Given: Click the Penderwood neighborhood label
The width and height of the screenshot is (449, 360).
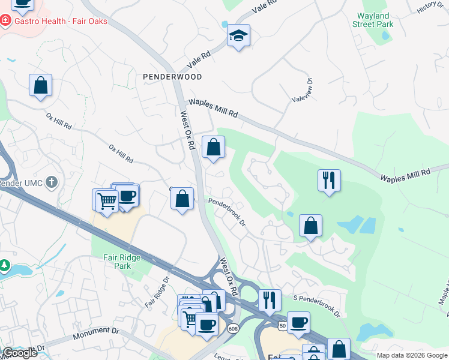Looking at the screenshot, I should [172, 77].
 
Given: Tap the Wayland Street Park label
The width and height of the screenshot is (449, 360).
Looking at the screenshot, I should [375, 20].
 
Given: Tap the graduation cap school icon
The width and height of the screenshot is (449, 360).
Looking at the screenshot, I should [238, 36].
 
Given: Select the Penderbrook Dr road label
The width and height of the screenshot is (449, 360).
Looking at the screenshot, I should [227, 212].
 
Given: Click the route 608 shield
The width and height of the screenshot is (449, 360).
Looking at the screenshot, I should [232, 328].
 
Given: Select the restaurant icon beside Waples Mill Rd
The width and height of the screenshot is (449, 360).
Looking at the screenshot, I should [329, 180].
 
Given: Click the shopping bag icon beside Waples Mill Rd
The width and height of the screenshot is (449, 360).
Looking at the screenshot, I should [213, 147].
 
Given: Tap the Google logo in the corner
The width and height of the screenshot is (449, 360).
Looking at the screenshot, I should [20, 353].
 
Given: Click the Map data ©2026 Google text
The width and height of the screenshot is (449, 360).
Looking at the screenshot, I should [411, 355].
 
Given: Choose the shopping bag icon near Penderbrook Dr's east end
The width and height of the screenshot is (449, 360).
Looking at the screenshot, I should [310, 226].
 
